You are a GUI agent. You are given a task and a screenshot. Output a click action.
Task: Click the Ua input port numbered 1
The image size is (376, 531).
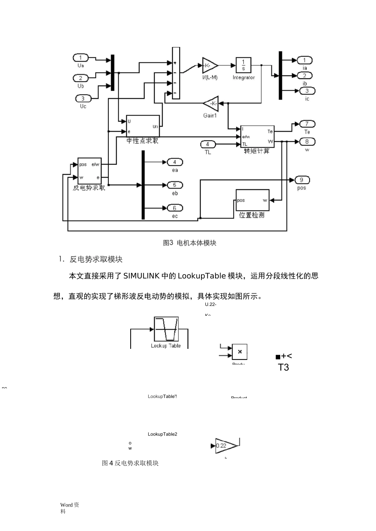tap(80, 58)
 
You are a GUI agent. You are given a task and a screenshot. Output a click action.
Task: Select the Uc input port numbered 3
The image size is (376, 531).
tap(83, 98)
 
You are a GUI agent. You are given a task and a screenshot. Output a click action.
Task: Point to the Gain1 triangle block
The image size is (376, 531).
tap(211, 104)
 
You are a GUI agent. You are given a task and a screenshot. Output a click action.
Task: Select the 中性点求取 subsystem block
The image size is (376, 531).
tap(142, 126)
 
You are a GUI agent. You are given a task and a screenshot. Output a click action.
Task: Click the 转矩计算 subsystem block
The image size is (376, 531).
tap(257, 136)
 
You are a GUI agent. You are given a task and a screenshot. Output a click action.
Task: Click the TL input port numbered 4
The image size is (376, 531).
tap(207, 144)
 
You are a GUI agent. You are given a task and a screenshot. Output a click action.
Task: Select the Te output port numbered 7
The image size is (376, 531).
tap(307, 124)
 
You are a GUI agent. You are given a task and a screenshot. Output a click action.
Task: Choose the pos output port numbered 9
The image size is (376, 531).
tap(302, 180)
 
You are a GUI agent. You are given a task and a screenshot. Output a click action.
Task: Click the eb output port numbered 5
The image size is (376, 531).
tap(175, 185)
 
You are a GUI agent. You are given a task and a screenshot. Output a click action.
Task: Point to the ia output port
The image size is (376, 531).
tap(304, 60)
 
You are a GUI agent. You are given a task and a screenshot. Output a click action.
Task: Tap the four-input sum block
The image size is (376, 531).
tap(176, 73)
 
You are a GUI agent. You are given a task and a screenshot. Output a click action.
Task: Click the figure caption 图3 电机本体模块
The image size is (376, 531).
tap(190, 243)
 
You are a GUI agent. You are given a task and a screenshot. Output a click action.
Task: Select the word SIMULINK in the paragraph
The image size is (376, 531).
tap(141, 276)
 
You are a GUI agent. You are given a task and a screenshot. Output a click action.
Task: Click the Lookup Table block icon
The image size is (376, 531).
tap(166, 329)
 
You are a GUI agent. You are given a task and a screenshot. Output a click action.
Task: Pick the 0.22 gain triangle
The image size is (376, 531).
tap(226, 446)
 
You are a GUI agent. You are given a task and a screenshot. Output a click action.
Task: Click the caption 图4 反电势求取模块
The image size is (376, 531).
tap(130, 463)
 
